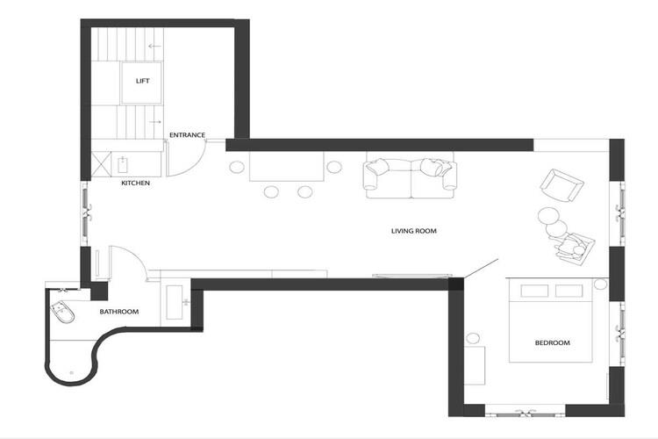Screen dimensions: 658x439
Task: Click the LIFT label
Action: (x=143, y=81)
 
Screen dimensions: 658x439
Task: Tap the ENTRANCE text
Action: (x=187, y=135)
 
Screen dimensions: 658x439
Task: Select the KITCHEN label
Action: (x=135, y=184)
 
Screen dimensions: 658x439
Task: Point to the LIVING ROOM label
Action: (x=414, y=231)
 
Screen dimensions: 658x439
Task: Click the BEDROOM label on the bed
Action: (x=552, y=342)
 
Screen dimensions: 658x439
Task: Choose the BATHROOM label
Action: (x=119, y=312)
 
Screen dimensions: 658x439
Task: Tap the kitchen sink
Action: (x=123, y=164)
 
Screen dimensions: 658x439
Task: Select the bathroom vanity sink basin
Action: (x=175, y=302)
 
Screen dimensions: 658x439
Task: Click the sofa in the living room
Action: (x=410, y=176)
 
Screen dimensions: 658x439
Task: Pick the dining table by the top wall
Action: (x=287, y=166)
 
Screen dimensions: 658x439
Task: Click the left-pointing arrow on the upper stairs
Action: (x=154, y=47)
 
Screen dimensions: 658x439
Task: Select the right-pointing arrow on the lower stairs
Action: (x=154, y=122)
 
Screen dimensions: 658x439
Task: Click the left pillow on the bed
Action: (x=534, y=291)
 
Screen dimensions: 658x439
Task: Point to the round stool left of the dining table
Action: (x=237, y=167)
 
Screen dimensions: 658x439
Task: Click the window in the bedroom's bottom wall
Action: (x=526, y=411)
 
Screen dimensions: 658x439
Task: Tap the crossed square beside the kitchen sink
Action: (x=101, y=164)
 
